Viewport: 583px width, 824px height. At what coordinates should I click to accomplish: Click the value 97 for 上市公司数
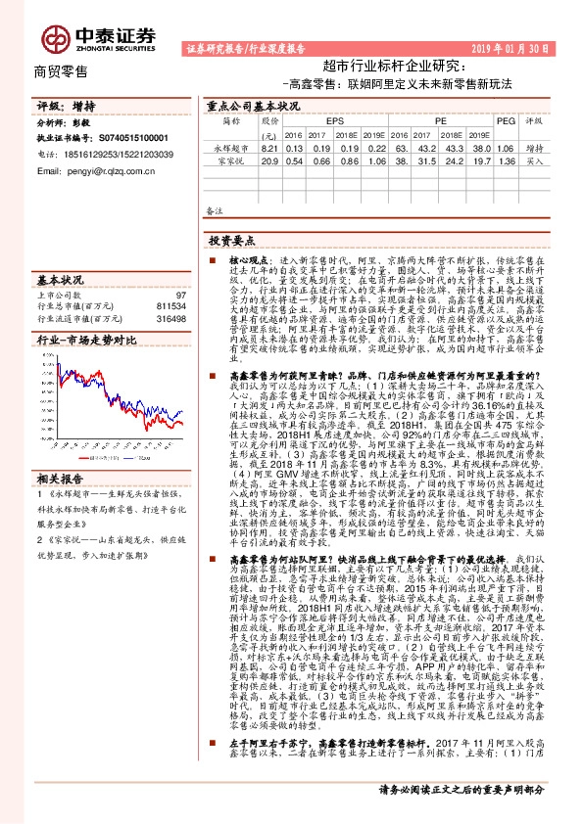[x=181, y=295]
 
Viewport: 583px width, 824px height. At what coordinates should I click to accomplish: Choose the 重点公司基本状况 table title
[x=252, y=105]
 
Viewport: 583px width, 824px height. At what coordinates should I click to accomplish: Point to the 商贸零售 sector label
[x=61, y=71]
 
